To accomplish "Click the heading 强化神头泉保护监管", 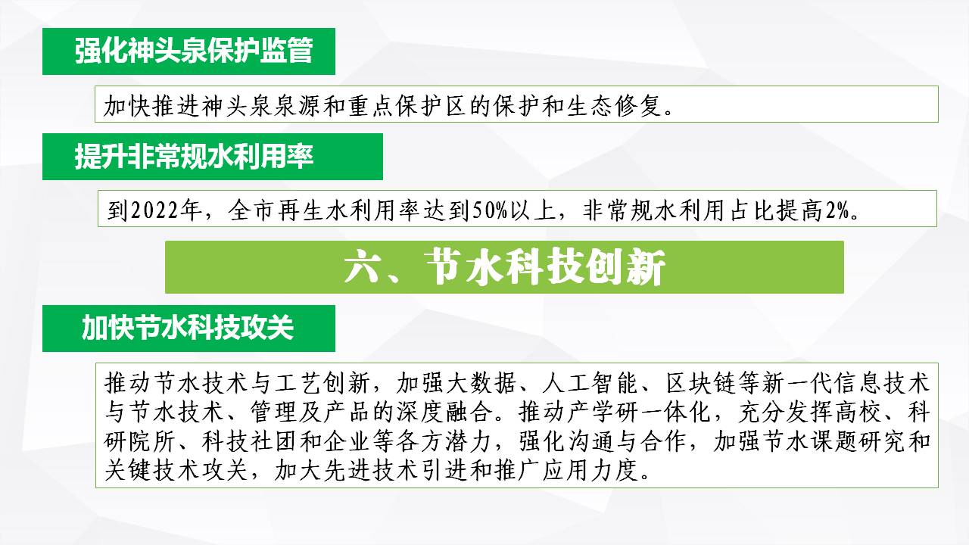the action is click(x=193, y=51).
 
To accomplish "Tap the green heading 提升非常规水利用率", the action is click(x=194, y=156).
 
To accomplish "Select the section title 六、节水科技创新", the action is click(x=504, y=267).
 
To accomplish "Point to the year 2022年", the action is click(x=166, y=210).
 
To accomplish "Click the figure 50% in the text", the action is click(x=490, y=210).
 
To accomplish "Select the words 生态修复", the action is click(x=614, y=106).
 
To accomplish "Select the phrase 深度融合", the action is click(x=444, y=413).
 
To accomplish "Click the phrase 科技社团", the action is click(x=251, y=441).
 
